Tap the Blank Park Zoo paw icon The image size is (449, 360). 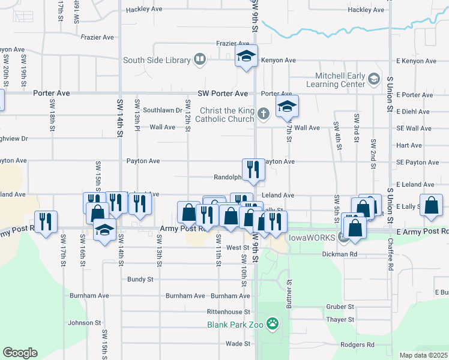point(273,324)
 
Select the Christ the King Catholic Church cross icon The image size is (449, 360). point(263,113)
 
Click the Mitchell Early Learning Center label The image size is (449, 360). point(340,80)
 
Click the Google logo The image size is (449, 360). point(20,353)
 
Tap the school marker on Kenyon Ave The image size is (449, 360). point(246,57)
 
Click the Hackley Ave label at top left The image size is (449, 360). point(144,10)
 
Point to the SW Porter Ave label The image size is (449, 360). point(223,94)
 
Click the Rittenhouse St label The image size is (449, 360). point(228,312)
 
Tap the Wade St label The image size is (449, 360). point(238,344)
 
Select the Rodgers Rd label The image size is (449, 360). point(357,345)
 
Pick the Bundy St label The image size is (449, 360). point(140,279)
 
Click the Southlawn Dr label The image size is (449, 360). point(162,110)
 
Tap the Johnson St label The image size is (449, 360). point(84,323)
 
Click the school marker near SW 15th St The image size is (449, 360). point(104,230)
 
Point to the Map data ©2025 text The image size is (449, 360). point(424,355)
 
